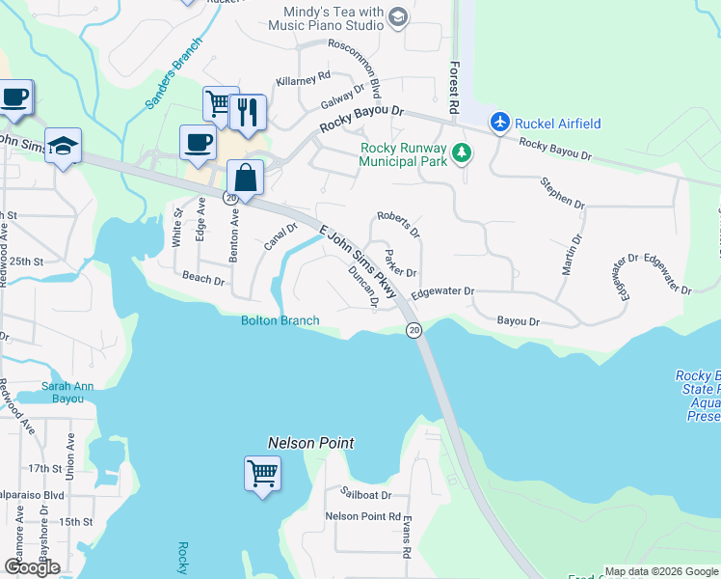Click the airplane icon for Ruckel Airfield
(x=498, y=123)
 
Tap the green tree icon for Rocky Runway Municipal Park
(x=463, y=152)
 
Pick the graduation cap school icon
(x=63, y=146)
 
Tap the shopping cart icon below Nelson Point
(x=262, y=474)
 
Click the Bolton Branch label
(x=280, y=320)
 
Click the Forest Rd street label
(x=453, y=88)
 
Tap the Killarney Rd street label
(x=303, y=79)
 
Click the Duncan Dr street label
(x=362, y=288)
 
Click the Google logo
(x=32, y=567)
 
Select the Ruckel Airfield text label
(x=558, y=123)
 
